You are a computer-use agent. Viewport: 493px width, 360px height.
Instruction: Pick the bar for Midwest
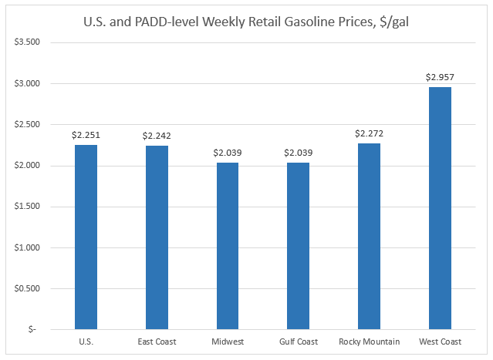(x=228, y=246)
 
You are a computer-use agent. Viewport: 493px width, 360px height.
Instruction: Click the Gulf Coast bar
(x=299, y=246)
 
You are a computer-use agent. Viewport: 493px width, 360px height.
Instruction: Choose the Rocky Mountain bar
(x=369, y=236)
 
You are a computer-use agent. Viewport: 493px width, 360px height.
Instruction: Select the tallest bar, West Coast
(x=440, y=208)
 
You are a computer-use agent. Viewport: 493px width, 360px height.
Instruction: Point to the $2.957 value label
(x=440, y=78)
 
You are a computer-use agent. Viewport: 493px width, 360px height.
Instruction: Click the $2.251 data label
(x=86, y=136)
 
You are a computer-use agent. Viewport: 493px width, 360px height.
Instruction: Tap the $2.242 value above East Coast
(x=157, y=136)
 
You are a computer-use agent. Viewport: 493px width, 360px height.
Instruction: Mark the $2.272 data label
(x=369, y=134)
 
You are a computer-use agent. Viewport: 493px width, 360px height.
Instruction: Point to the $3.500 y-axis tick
(x=29, y=42)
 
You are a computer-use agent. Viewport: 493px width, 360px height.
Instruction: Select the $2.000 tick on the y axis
(x=29, y=166)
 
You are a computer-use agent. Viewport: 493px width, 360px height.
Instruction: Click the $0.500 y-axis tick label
(x=29, y=288)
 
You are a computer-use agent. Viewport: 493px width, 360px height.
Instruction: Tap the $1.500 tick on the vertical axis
(x=29, y=207)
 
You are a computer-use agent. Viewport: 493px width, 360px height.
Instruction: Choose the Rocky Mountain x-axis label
(x=369, y=341)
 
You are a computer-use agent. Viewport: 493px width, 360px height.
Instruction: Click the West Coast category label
(x=440, y=341)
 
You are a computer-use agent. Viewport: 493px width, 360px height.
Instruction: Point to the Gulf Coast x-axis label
(x=299, y=341)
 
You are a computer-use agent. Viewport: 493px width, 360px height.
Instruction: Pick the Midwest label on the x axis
(x=228, y=341)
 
